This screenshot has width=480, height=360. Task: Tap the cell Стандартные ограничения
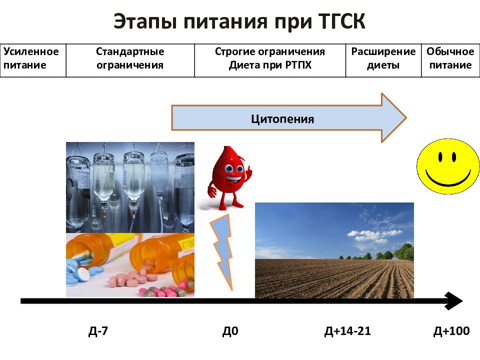(x=130, y=58)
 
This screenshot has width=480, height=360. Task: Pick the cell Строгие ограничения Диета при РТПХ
(x=270, y=58)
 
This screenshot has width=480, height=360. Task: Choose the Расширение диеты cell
(x=383, y=58)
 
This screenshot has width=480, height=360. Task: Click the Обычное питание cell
(x=450, y=58)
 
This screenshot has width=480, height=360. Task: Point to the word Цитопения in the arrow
(x=282, y=119)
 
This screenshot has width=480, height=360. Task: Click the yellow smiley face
(x=444, y=166)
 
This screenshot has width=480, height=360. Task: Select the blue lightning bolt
(x=222, y=250)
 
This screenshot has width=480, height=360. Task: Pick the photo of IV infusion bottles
(x=130, y=187)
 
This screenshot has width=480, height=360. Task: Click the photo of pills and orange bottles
(x=130, y=265)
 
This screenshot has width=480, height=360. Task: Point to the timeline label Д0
(x=230, y=331)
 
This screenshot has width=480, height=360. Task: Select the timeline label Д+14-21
(x=347, y=331)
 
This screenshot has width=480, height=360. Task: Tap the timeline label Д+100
(x=451, y=331)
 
